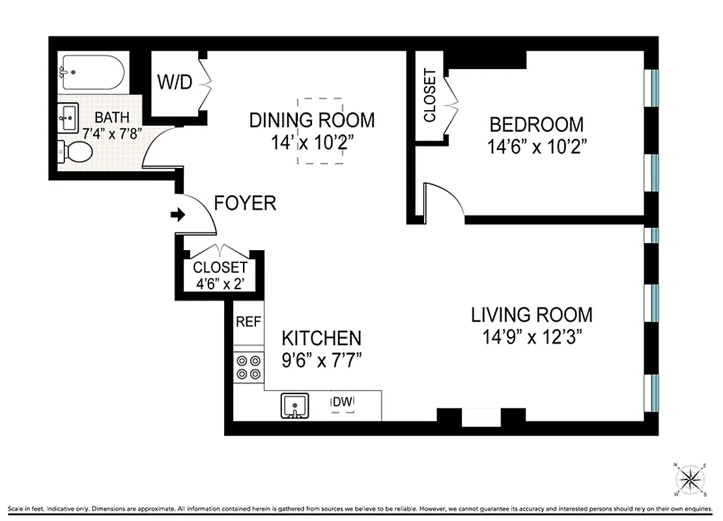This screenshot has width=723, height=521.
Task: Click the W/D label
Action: (x=174, y=83)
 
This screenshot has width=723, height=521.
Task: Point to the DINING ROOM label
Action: (x=313, y=120)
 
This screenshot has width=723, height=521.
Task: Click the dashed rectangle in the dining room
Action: (x=320, y=131)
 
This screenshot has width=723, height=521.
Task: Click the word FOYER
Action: (x=246, y=203)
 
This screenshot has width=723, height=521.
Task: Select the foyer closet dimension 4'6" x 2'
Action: (x=221, y=283)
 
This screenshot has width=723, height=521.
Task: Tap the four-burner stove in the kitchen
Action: (x=248, y=367)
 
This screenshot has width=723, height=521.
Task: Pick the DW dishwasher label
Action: (x=343, y=402)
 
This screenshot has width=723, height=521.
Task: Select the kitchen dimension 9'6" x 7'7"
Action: (x=321, y=358)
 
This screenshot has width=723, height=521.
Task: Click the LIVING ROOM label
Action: (x=532, y=315)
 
